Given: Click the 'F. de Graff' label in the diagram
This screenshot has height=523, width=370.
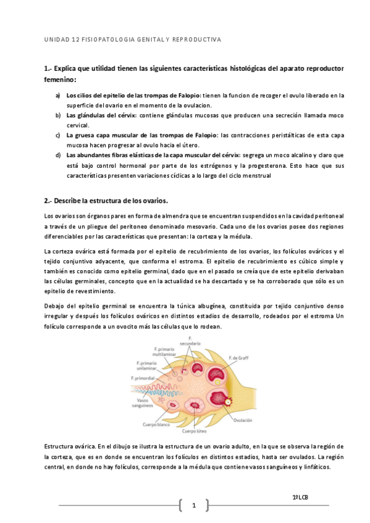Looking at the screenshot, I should (x=238, y=358).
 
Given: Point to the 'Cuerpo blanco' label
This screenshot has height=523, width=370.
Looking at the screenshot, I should (x=156, y=424).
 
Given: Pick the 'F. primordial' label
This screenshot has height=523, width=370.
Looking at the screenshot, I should (x=143, y=378).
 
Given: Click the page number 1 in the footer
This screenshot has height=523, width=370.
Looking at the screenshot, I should (x=194, y=506).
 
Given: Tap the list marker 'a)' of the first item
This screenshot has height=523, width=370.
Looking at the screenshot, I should (x=58, y=96).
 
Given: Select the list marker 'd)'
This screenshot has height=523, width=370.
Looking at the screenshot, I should (x=58, y=155).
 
